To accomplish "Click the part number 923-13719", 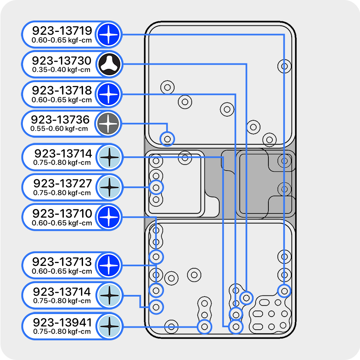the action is [x=62, y=31].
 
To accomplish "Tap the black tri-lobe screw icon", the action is [x=109, y=65].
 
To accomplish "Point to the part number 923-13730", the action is [x=61, y=61].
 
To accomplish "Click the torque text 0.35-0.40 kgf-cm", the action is [x=61, y=70].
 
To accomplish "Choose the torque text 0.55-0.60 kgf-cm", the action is [x=59, y=128].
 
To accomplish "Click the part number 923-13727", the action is [x=63, y=183].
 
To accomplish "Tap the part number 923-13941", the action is [x=62, y=322].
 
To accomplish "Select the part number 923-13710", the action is [x=62, y=214].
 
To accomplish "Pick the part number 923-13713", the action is [x=62, y=262].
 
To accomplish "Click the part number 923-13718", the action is [x=62, y=90].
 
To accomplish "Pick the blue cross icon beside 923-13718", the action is [x=108, y=94].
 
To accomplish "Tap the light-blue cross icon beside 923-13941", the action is [x=109, y=326].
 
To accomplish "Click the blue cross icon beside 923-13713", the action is [x=108, y=265].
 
